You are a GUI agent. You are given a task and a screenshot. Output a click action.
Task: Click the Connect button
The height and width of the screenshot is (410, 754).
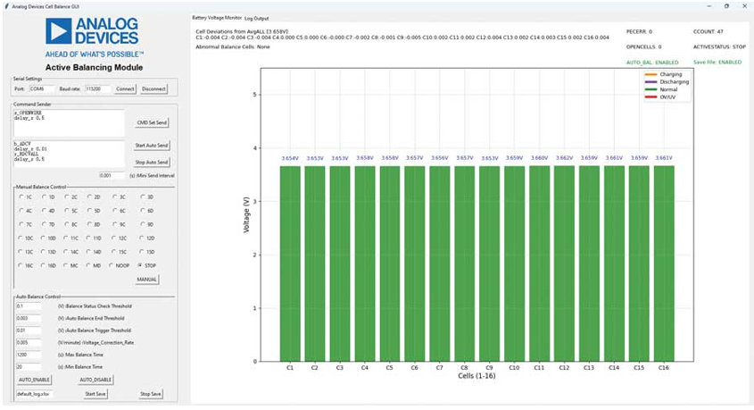(x=125, y=89)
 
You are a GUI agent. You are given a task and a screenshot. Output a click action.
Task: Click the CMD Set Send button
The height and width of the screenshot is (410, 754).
(x=151, y=122)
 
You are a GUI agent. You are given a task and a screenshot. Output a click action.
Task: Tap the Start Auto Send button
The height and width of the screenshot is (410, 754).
(x=151, y=145)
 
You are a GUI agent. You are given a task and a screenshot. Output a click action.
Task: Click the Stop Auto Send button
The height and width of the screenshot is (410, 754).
(x=151, y=161)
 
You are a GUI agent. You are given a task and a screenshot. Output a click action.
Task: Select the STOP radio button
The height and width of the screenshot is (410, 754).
(x=139, y=265)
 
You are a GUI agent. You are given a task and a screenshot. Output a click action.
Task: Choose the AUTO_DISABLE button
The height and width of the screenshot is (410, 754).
(x=95, y=379)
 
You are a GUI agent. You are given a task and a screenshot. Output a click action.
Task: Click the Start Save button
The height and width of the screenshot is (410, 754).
(x=95, y=393)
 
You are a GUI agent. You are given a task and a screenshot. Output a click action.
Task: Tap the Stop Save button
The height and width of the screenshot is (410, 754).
(x=151, y=393)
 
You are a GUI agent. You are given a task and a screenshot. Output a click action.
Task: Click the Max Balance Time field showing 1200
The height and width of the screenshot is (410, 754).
(x=28, y=354)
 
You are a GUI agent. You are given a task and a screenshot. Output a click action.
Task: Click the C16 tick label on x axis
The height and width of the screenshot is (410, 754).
(x=663, y=367)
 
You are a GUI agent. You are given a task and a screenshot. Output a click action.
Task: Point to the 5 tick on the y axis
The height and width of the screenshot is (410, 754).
(x=256, y=95)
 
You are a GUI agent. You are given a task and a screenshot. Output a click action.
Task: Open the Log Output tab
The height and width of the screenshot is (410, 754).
(x=256, y=18)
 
